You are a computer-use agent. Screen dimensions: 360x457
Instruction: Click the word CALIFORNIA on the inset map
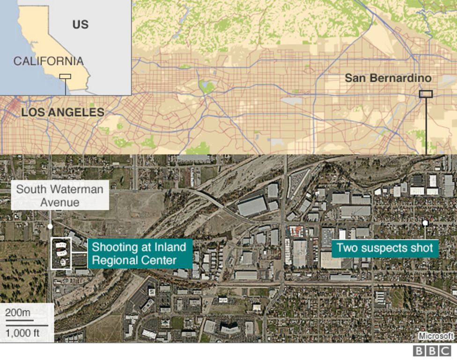(x=48, y=61)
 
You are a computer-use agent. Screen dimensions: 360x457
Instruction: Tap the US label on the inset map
(x=80, y=24)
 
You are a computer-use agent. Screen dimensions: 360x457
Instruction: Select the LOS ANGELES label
(x=63, y=112)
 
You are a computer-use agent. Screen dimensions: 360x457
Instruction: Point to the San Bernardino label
(x=388, y=78)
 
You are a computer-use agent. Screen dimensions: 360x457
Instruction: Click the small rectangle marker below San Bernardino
(x=426, y=94)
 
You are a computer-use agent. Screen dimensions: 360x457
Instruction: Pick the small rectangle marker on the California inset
(x=65, y=76)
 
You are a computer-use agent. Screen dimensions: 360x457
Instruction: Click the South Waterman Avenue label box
(x=60, y=196)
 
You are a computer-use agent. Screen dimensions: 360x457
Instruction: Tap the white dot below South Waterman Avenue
(x=50, y=227)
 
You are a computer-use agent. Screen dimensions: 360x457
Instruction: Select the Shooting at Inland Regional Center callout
(x=139, y=253)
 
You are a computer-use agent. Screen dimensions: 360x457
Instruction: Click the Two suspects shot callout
(x=385, y=248)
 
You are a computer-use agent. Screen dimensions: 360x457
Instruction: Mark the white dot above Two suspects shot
(x=425, y=223)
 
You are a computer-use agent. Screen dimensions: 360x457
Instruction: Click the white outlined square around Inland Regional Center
(x=61, y=253)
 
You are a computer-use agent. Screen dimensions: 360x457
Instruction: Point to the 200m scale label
(x=18, y=313)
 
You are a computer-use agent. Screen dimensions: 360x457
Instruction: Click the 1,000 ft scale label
(x=26, y=333)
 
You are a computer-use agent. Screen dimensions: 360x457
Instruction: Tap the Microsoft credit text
(x=436, y=336)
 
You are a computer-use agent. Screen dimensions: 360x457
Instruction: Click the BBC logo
(x=432, y=351)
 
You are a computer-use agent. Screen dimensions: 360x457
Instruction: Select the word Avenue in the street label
(x=60, y=202)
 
